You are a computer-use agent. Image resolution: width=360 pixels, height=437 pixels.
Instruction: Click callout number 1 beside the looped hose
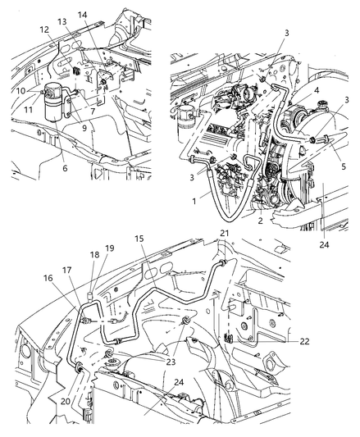click(x=194, y=201)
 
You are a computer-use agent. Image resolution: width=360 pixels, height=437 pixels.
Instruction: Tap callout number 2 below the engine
click(x=260, y=221)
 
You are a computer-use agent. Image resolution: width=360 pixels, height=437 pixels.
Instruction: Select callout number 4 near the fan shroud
click(x=316, y=90)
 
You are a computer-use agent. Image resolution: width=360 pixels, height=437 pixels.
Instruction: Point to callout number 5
click(x=344, y=166)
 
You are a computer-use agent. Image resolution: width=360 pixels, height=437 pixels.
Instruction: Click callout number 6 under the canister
click(x=65, y=168)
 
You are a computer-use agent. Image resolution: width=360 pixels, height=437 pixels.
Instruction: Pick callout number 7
click(x=93, y=112)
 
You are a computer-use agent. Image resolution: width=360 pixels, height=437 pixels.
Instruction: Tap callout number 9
click(x=84, y=128)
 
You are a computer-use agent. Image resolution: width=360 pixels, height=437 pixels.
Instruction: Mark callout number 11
click(x=28, y=110)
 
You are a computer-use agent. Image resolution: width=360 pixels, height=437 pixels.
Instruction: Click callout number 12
click(x=44, y=30)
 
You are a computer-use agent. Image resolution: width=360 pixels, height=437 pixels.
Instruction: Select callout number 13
click(x=62, y=21)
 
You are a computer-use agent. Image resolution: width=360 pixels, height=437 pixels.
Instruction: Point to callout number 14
click(x=82, y=15)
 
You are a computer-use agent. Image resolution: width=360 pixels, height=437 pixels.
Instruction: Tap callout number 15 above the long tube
click(x=139, y=239)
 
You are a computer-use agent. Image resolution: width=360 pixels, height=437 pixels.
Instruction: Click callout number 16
click(x=48, y=278)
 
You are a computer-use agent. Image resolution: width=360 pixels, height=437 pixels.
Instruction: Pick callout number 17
click(x=66, y=270)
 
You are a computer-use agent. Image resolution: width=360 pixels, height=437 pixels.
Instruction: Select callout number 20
click(x=66, y=401)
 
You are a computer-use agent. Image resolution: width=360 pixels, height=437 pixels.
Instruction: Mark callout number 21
click(x=224, y=233)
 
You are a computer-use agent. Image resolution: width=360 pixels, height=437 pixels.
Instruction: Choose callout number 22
click(x=304, y=341)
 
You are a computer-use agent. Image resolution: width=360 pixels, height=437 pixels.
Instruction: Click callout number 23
click(x=171, y=362)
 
